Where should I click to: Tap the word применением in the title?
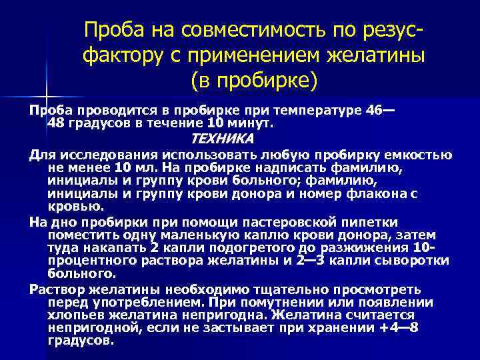click(252, 55)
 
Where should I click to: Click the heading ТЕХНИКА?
click(222, 139)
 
